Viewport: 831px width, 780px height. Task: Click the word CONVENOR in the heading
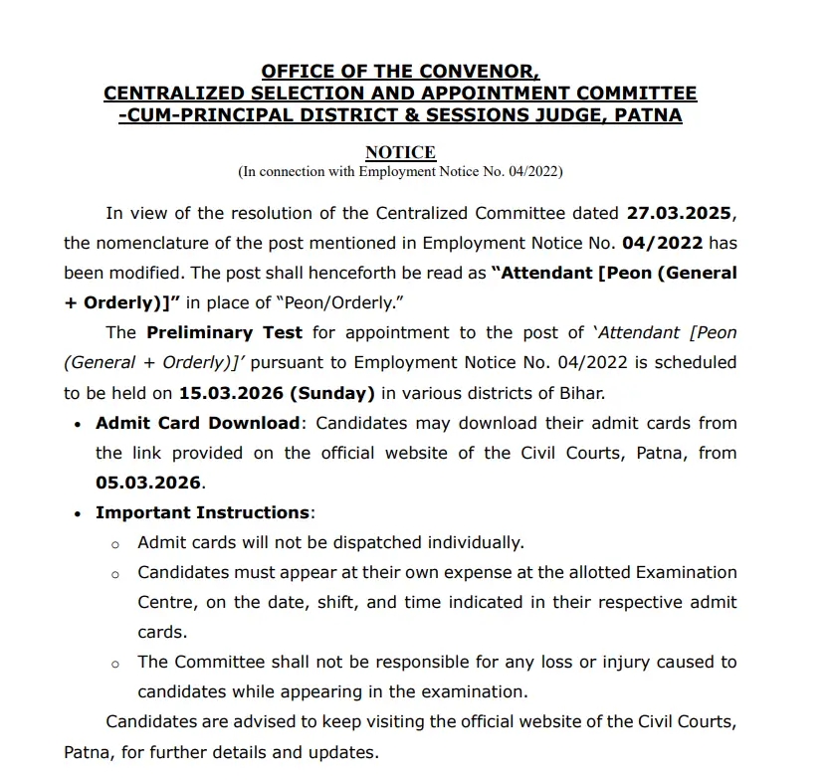click(476, 71)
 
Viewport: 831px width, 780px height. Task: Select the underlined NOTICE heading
click(400, 152)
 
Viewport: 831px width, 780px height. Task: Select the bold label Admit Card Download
click(197, 423)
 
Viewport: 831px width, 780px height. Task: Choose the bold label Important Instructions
click(202, 512)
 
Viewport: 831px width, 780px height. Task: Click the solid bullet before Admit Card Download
click(78, 424)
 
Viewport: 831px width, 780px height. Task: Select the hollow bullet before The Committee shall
click(115, 664)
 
